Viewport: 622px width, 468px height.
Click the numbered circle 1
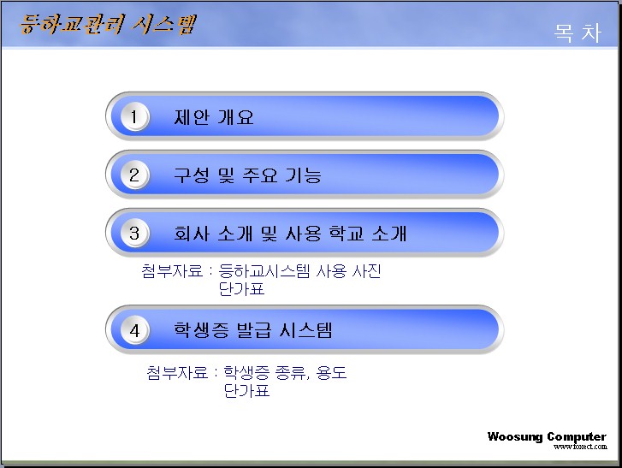tap(134, 117)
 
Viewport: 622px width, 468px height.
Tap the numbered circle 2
tap(134, 175)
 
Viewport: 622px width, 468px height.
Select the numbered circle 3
tap(134, 234)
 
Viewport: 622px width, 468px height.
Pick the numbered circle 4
tap(134, 330)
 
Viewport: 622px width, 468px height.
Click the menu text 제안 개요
tap(213, 117)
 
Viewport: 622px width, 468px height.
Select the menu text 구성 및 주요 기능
tap(247, 175)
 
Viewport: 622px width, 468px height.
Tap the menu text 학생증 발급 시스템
tap(253, 330)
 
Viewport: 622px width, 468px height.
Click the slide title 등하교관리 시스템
tap(108, 24)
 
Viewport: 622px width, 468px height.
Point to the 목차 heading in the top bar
tap(578, 33)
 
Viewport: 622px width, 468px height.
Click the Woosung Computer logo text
tap(547, 436)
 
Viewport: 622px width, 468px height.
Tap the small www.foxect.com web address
tap(580, 447)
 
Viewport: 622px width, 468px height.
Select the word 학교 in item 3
tap(346, 234)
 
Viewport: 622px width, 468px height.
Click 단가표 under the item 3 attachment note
tap(241, 288)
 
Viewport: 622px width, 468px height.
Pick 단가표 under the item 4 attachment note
tap(246, 390)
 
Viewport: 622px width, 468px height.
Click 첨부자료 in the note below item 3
tap(172, 271)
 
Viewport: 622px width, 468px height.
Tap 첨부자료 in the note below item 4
tap(177, 372)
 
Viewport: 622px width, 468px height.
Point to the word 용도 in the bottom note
tap(331, 372)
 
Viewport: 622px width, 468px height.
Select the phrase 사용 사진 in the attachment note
tap(349, 271)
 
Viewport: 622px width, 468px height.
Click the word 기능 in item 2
tap(304, 175)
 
